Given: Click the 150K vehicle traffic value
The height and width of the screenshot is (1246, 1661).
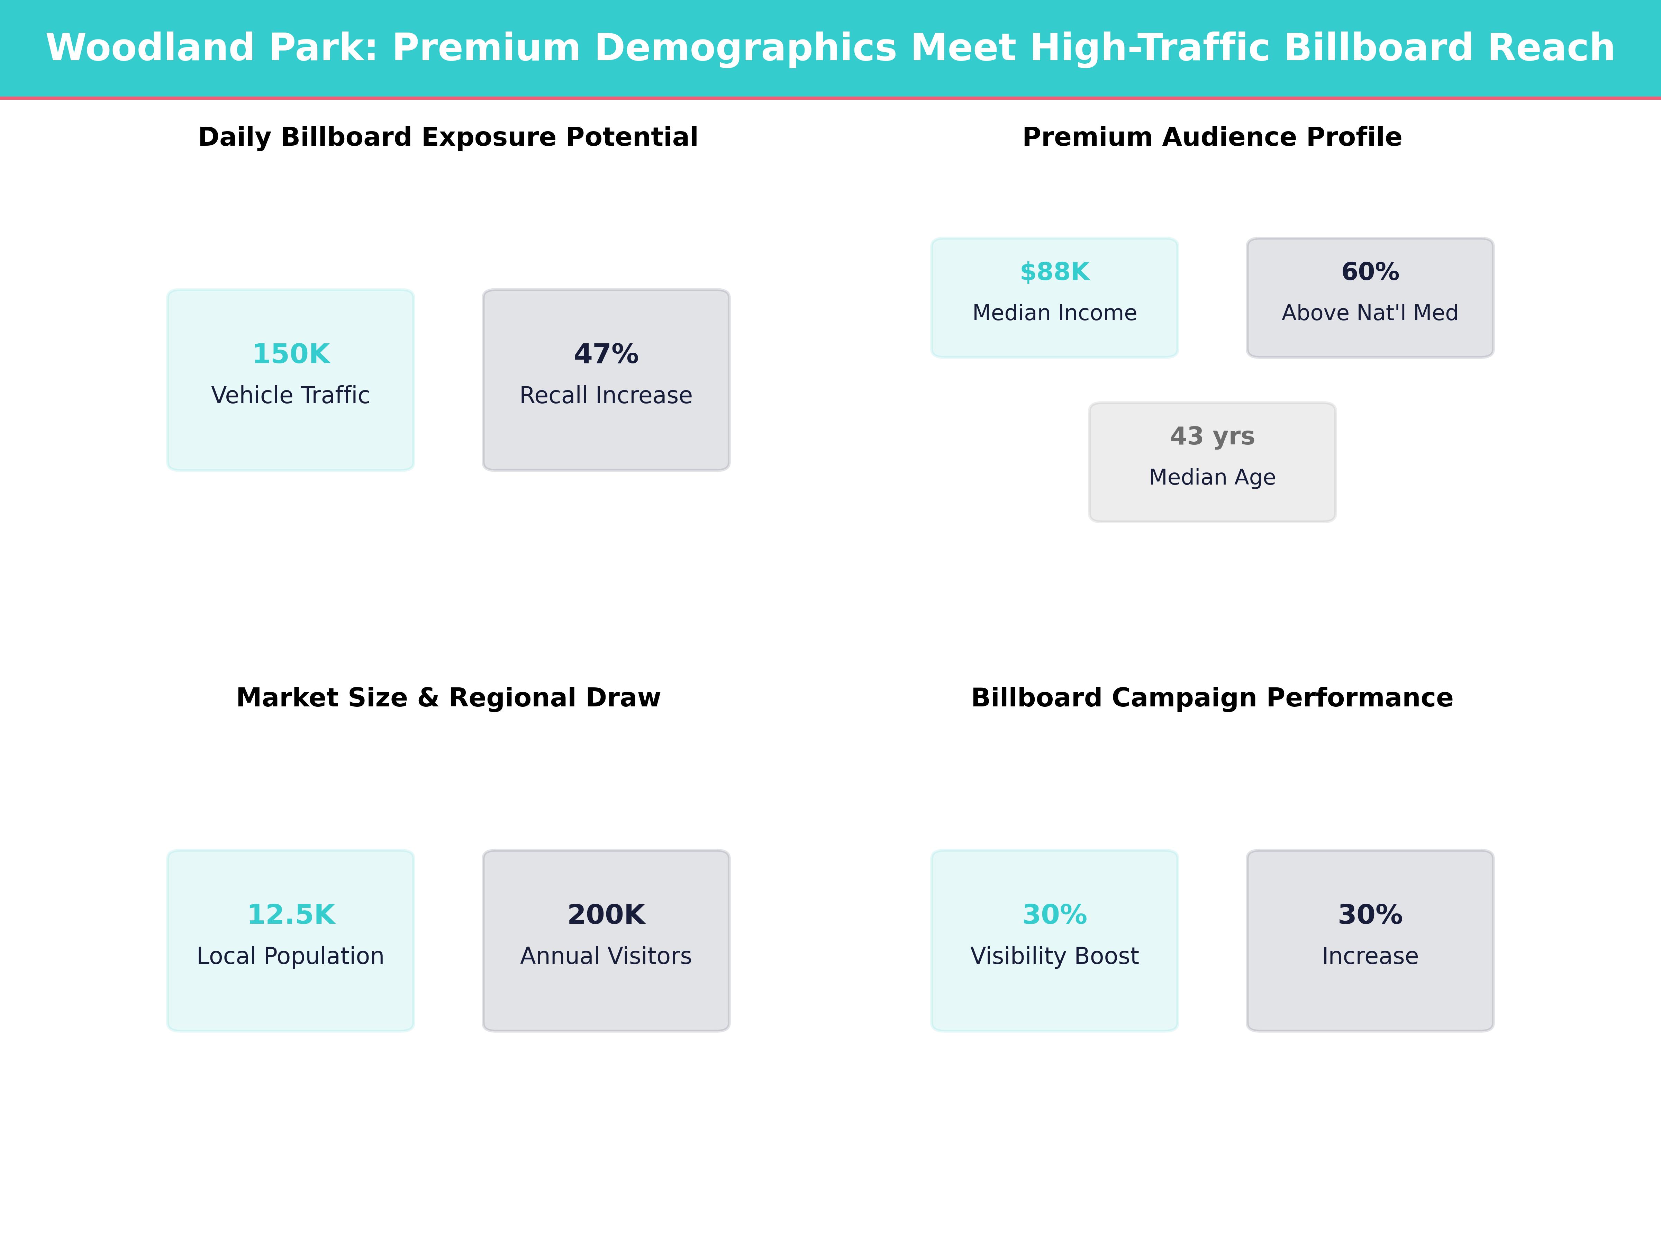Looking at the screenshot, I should coord(291,354).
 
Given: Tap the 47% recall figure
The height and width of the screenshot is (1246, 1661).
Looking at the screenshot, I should coord(606,354).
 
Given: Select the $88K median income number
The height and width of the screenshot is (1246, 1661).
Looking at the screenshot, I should coord(1054,272).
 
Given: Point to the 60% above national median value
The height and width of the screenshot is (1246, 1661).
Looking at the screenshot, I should coord(1370,272).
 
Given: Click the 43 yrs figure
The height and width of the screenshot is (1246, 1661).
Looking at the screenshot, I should coord(1212,436).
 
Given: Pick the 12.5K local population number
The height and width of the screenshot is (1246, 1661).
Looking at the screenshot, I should coord(291,915).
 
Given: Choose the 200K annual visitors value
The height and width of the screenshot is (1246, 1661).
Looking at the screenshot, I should coord(606,915).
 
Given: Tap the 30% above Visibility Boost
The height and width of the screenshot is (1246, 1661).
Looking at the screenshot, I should coord(1054,915).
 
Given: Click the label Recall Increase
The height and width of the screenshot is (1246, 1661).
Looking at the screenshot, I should coord(606,395).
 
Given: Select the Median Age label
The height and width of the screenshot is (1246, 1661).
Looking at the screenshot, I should coord(1212,477).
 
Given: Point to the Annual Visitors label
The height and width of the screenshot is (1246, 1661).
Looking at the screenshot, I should coord(606,956).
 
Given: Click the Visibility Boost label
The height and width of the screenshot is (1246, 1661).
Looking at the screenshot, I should coord(1054,956).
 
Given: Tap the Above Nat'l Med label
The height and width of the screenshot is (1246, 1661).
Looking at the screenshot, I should coord(1370,313).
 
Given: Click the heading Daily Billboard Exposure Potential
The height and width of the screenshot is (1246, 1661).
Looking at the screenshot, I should coord(448,137).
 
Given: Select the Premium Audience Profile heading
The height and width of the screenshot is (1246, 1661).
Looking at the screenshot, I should coord(1212,137).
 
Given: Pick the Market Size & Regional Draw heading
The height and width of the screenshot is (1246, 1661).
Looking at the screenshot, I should coord(448,698).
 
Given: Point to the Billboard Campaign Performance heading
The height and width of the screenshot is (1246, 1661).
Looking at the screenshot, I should coord(1212,698).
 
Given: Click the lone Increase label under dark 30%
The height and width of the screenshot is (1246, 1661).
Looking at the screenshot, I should coord(1370,956).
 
